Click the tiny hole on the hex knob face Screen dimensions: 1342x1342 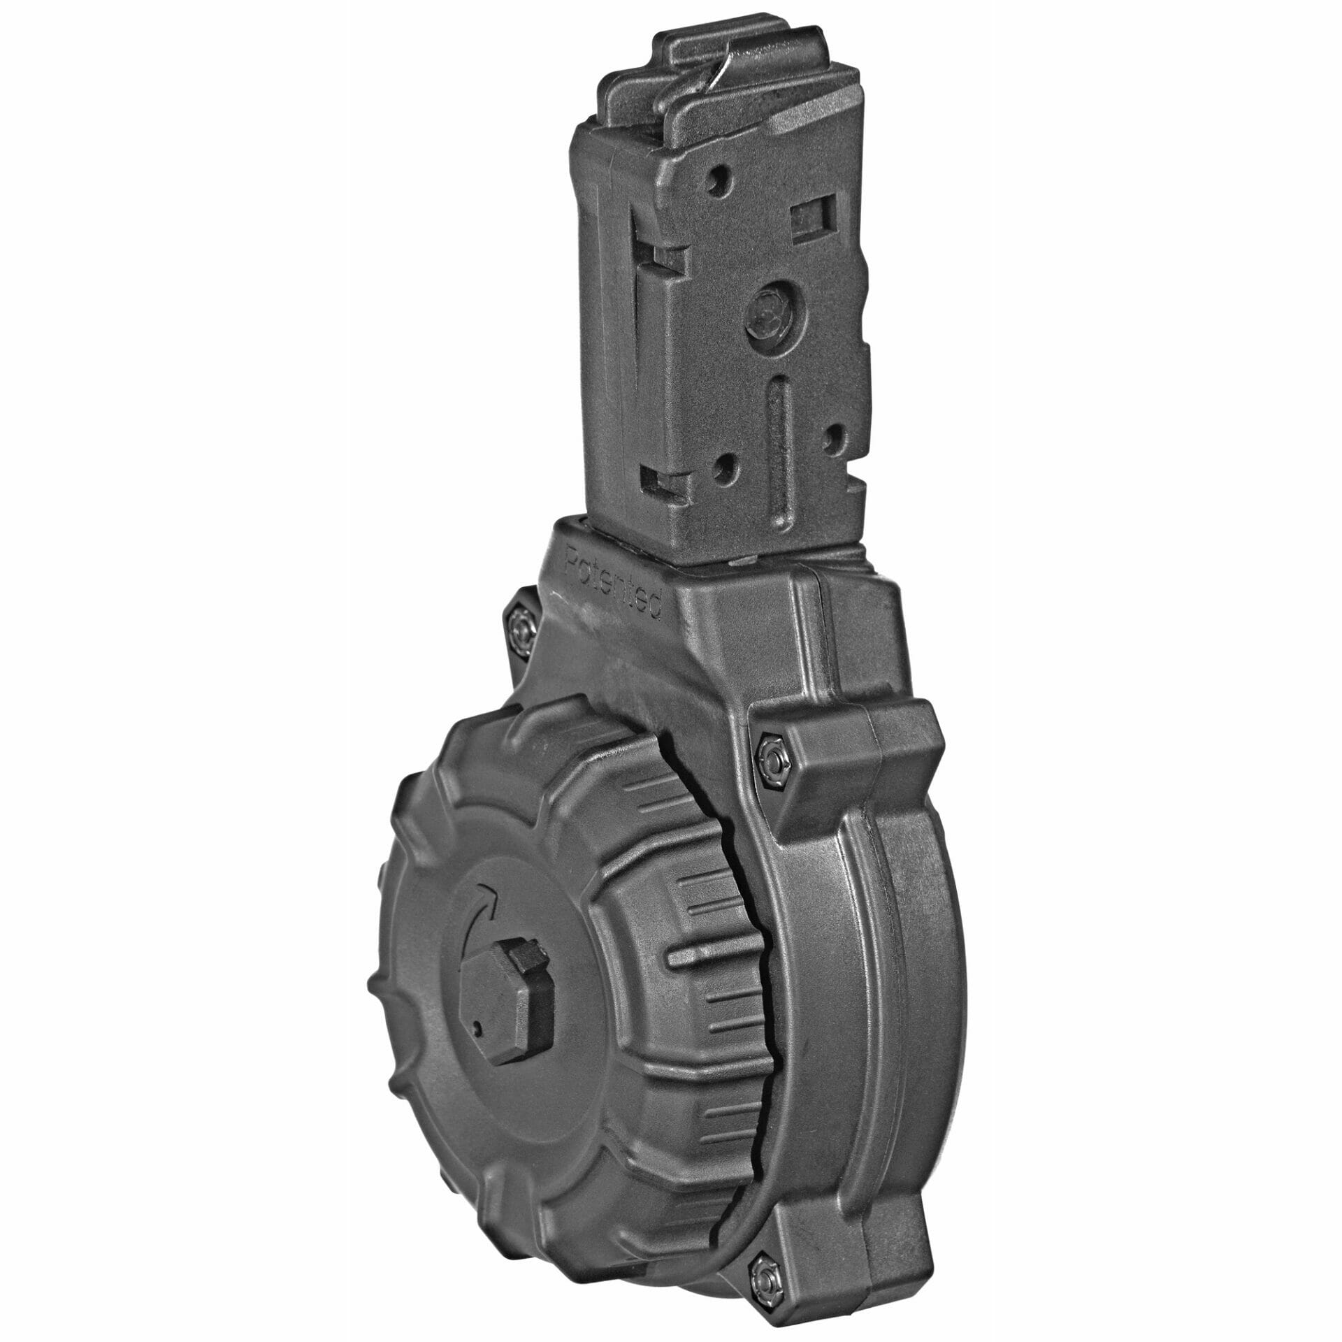(x=477, y=1008)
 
